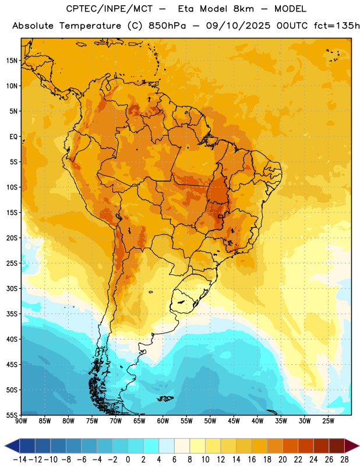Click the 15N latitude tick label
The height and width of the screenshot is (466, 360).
pos(12,61)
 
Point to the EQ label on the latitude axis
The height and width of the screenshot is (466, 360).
pos(13,137)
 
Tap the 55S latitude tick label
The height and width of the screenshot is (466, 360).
pos(12,415)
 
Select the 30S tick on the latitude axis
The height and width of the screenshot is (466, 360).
pos(12,288)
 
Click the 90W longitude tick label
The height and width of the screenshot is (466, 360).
pos(22,421)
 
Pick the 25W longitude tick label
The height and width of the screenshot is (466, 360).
pos(329,421)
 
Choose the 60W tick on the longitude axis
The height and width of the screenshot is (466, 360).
pos(163,421)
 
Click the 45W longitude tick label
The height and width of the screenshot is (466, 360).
pos(234,421)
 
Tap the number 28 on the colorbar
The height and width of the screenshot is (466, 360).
pos(344,460)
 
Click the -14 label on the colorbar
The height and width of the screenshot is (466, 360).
pos(20,460)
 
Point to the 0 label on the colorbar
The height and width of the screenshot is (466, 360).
pos(128,460)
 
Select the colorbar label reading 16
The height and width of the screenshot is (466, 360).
pos(252,460)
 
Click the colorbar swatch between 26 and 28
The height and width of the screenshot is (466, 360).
pos(337,446)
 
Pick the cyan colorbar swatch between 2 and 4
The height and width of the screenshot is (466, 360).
pos(151,446)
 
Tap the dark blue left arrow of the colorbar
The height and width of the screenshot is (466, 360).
pos(12,446)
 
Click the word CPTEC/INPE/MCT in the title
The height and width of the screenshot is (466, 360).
pos(110,9)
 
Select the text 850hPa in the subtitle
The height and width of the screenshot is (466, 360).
pos(167,26)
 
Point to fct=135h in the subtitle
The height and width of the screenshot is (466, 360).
pos(337,26)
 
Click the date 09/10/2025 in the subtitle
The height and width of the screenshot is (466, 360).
pos(238,26)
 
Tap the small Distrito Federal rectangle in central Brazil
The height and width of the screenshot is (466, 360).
pos(221,216)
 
